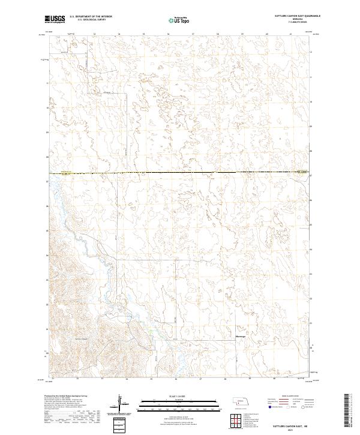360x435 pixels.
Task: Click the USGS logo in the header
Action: tap(55, 19)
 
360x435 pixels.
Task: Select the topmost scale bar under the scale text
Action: tap(179, 401)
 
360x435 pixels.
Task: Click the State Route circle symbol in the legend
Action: tap(295, 407)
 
